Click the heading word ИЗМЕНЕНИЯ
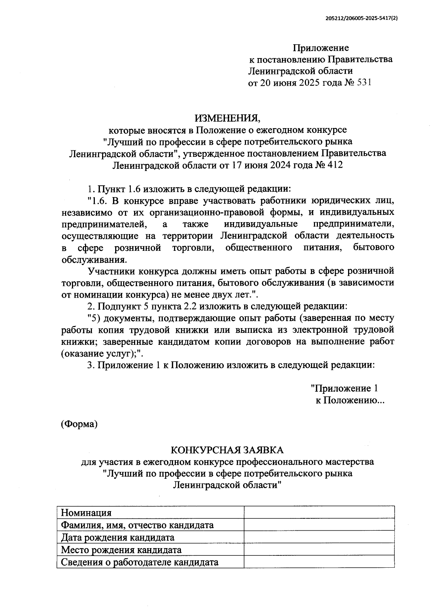pyautogui.click(x=227, y=118)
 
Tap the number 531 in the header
pyautogui.click(x=364, y=83)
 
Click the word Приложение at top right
pyautogui.click(x=321, y=48)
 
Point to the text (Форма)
pyautogui.click(x=79, y=424)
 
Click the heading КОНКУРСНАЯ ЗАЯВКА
pyautogui.click(x=227, y=450)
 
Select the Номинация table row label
pyautogui.click(x=86, y=513)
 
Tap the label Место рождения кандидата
pyautogui.click(x=121, y=550)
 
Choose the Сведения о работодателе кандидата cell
pyautogui.click(x=140, y=562)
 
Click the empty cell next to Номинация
pyautogui.click(x=319, y=513)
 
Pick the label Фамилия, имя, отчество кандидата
pyautogui.click(x=137, y=525)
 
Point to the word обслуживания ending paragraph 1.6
pyautogui.click(x=94, y=260)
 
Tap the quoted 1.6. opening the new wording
pyautogui.click(x=98, y=201)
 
